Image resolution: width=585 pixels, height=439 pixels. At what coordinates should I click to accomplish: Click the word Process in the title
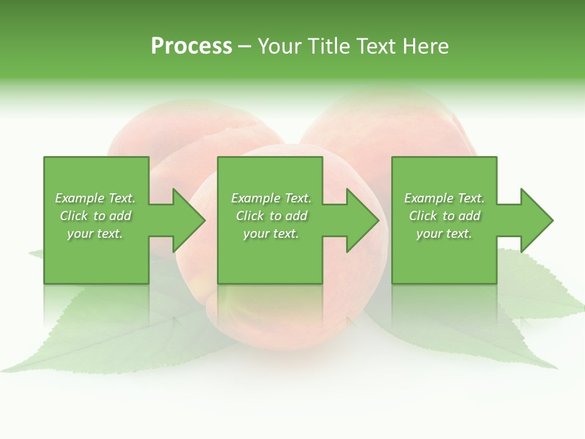191,46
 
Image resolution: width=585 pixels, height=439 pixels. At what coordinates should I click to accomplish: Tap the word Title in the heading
329,46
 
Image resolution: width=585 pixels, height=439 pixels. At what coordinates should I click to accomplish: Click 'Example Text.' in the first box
95,198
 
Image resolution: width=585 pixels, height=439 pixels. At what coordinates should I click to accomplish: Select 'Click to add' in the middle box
271,216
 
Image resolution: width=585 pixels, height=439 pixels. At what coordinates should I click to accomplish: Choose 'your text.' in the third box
444,234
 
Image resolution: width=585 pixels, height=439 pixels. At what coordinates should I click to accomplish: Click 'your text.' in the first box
95,234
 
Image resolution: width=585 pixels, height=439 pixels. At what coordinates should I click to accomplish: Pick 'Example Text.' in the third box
444,198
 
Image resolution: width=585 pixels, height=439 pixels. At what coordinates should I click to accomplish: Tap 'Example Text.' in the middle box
271,198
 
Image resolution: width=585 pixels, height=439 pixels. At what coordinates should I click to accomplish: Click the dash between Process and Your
245,46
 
